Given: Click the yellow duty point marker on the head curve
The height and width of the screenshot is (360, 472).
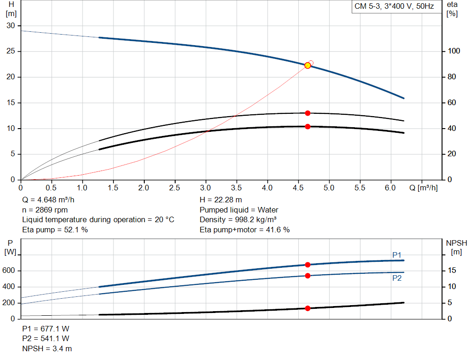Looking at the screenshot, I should point(307,65).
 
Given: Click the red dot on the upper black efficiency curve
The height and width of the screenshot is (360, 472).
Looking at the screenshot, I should point(307,113).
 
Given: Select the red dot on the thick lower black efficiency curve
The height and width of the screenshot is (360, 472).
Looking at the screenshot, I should point(307,126).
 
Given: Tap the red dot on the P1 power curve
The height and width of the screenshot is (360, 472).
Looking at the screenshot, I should point(307,265).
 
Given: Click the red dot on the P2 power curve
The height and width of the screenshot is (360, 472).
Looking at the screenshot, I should point(307,276).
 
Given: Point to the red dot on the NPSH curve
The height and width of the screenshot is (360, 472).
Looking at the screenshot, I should point(307,308).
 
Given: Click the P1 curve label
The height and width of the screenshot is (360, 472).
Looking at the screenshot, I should point(397,255).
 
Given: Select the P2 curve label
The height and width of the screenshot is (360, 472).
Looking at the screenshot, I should point(397,278).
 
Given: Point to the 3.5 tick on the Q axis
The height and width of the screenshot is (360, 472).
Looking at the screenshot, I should point(236,188).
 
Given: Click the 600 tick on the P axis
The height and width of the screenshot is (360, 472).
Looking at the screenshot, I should point(10,271).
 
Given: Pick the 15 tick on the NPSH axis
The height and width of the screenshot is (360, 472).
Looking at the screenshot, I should point(452,271).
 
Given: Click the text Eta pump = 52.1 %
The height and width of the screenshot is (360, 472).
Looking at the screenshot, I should point(55,230).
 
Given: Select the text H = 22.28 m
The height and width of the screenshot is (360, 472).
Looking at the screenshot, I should point(221,200).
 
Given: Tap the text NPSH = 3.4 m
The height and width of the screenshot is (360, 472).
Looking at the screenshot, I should point(47,349).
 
